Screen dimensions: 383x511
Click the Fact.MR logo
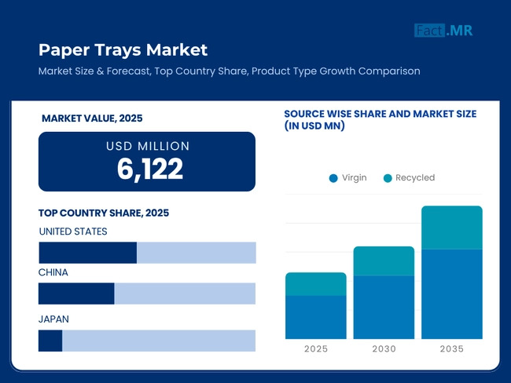pyautogui.click(x=443, y=31)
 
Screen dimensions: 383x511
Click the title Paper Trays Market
pyautogui.click(x=123, y=50)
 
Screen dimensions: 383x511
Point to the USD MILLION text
pyautogui.click(x=148, y=146)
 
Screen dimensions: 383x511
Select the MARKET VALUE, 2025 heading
pyautogui.click(x=92, y=118)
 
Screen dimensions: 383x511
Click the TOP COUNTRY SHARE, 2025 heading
pyautogui.click(x=104, y=213)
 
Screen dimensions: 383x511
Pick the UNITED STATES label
pyautogui.click(x=73, y=232)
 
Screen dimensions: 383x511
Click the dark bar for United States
pyautogui.click(x=87, y=253)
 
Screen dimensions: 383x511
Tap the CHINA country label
pyautogui.click(x=53, y=272)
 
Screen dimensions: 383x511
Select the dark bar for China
pyautogui.click(x=76, y=294)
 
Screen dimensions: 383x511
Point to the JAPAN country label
pyautogui.click(x=54, y=319)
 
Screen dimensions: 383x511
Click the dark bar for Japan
pyautogui.click(x=50, y=341)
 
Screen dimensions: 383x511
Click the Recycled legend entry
pyautogui.click(x=409, y=178)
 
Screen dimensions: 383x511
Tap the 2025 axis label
pyautogui.click(x=316, y=349)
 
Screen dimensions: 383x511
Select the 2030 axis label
pyautogui.click(x=384, y=349)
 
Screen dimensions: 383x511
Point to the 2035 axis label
pyautogui.click(x=452, y=349)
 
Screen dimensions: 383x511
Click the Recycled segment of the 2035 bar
pyautogui.click(x=452, y=228)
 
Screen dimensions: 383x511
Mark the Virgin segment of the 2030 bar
pyautogui.click(x=384, y=307)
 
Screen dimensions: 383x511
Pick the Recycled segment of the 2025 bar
pyautogui.click(x=316, y=284)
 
